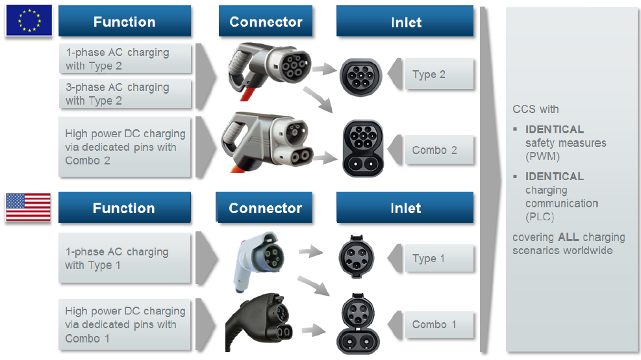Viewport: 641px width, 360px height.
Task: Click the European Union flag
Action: pyautogui.click(x=29, y=19)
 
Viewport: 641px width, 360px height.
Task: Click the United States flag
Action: pyautogui.click(x=28, y=207)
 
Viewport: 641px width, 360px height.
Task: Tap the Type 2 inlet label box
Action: pyautogui.click(x=439, y=75)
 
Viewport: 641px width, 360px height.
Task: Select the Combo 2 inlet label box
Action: pyautogui.click(x=439, y=150)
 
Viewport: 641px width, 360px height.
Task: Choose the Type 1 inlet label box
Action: pyautogui.click(x=439, y=259)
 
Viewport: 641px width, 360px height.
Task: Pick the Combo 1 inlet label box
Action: pyautogui.click(x=439, y=324)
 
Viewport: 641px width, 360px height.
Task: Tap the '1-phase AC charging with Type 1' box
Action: pyautogui.click(x=125, y=259)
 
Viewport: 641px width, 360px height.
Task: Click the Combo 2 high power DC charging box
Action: pyautogui.click(x=125, y=148)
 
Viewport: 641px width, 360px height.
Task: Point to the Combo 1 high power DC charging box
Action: pyautogui.click(x=125, y=325)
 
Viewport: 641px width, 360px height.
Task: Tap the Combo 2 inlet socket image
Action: pyautogui.click(x=362, y=148)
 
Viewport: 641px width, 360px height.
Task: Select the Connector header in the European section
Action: pyautogui.click(x=266, y=22)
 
